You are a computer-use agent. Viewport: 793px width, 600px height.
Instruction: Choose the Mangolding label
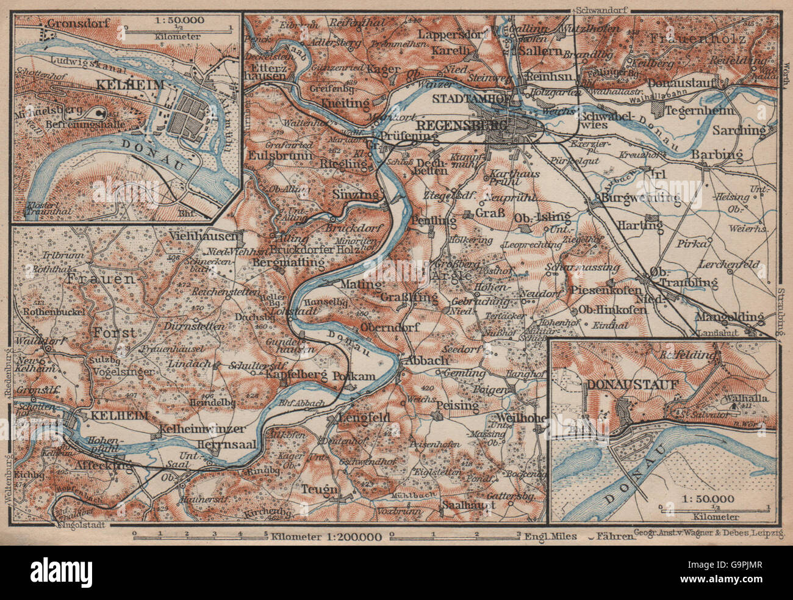pyautogui.click(x=729, y=317)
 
